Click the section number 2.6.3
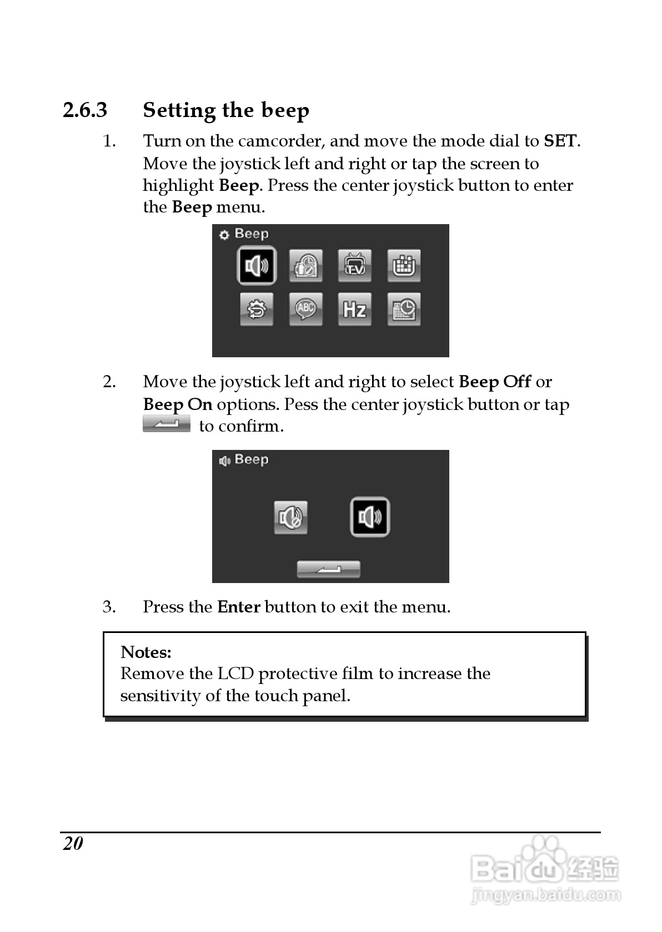[85, 110]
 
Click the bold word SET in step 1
[560, 141]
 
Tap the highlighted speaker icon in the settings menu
[257, 266]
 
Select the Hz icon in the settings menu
[354, 309]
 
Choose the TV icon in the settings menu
[354, 266]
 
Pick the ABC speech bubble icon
[305, 309]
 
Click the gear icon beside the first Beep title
[224, 235]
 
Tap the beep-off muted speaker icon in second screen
[290, 518]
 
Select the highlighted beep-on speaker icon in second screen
[370, 518]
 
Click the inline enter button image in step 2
[166, 425]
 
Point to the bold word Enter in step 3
[239, 607]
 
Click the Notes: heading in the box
[146, 652]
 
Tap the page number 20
[73, 844]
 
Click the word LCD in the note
[235, 674]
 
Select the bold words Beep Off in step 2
[495, 382]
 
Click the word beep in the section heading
[285, 110]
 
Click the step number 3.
[109, 607]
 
